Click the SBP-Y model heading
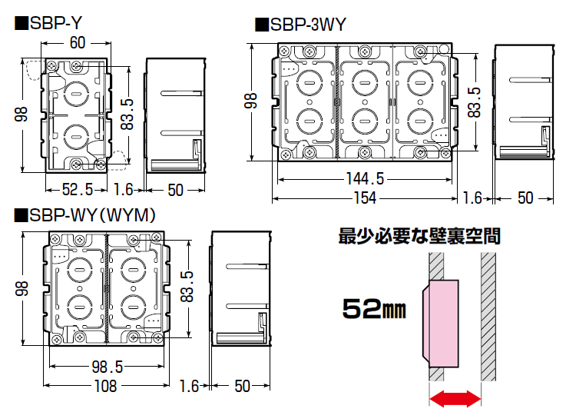(48, 24)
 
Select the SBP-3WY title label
(300, 25)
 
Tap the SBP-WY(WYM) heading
(84, 215)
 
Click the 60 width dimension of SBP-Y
(78, 43)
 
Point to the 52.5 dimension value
(77, 190)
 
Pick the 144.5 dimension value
(365, 179)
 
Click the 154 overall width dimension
(365, 198)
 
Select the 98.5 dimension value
(108, 367)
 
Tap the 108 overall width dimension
(105, 386)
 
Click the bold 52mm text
(374, 309)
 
